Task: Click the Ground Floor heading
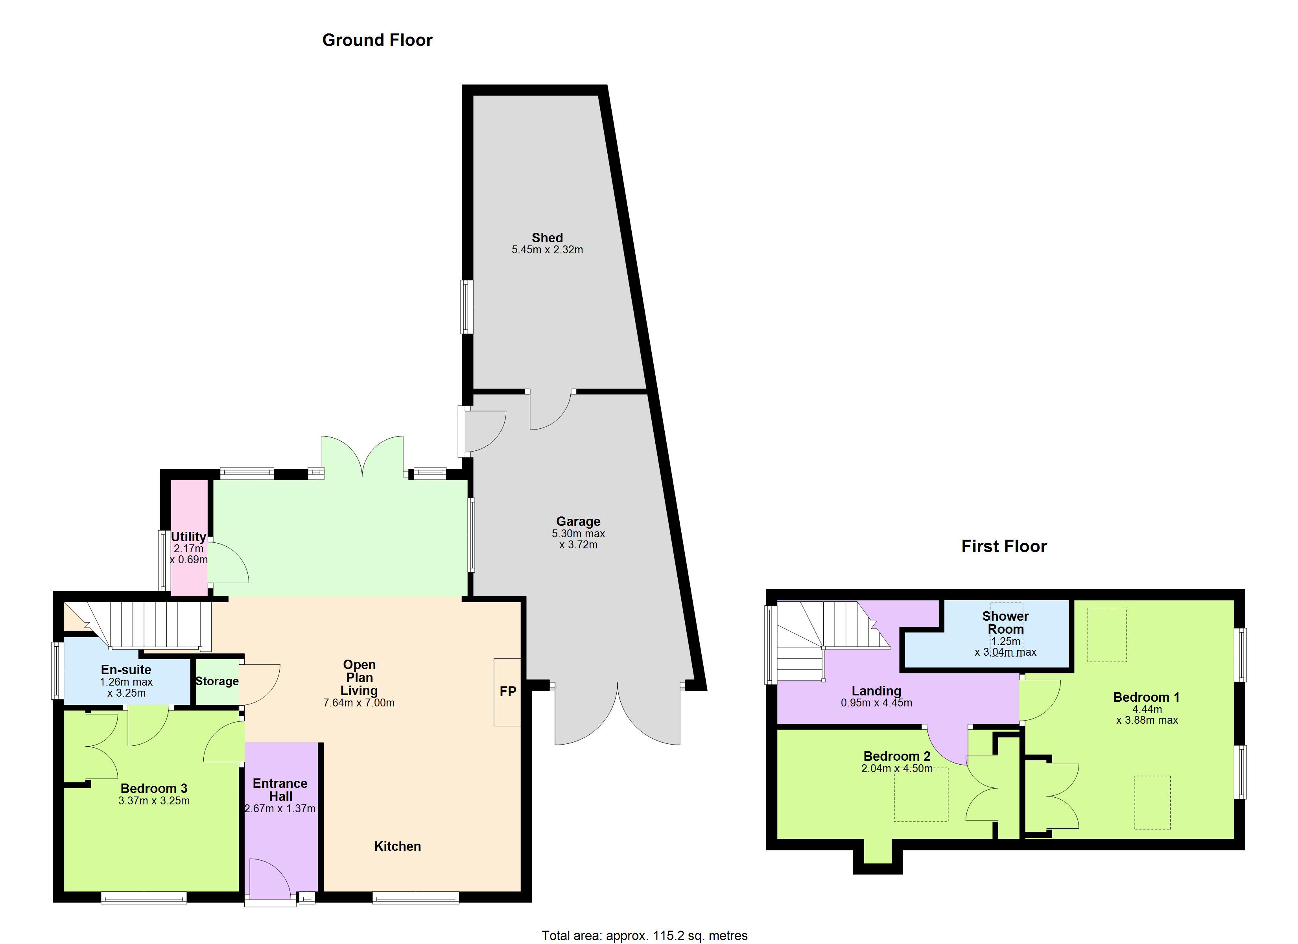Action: [377, 40]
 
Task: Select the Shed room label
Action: [547, 238]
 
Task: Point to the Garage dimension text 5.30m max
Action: [578, 533]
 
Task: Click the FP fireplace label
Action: [508, 691]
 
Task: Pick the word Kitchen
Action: [397, 846]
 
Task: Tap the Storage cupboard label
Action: [217, 681]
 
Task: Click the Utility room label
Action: [188, 537]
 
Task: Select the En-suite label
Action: [126, 670]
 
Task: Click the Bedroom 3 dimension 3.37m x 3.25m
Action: [154, 801]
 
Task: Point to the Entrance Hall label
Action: [280, 789]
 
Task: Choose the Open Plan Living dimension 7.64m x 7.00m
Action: [359, 703]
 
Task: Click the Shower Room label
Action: [1005, 622]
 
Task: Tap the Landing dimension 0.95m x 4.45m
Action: [876, 703]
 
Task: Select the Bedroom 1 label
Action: [1146, 697]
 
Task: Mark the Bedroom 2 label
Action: [897, 756]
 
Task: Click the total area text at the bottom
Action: [644, 935]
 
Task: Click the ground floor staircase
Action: [137, 626]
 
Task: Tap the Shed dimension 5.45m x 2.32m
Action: [547, 250]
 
